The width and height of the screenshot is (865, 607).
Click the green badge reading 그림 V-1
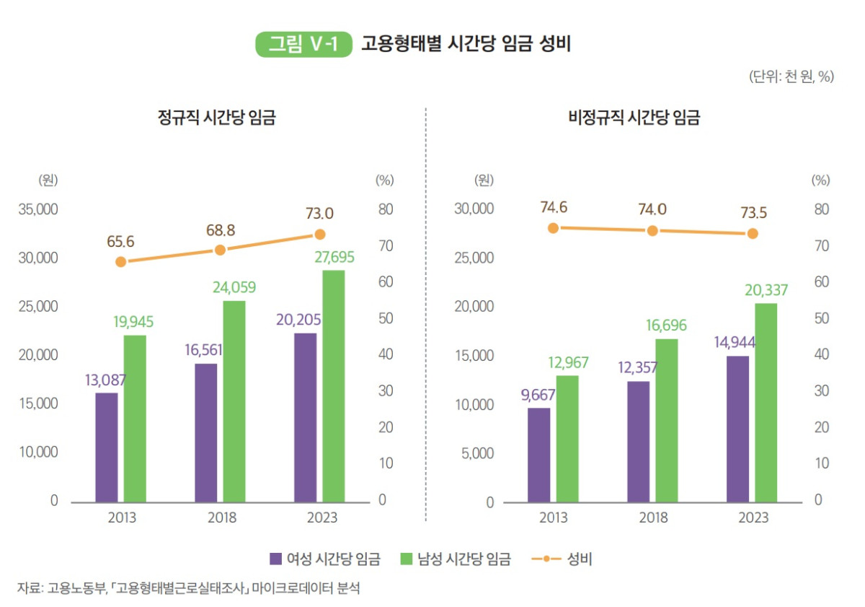coord(303,44)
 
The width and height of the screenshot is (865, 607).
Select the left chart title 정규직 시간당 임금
coord(217,117)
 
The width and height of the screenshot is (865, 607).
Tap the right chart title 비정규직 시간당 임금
coord(634,117)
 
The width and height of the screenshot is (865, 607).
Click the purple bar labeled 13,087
coord(106,447)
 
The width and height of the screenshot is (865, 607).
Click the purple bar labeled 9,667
coord(538,455)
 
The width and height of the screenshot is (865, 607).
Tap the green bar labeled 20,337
coord(766,402)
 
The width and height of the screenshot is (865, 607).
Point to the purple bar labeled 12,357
coord(638,441)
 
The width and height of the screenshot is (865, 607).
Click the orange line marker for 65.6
coord(121,262)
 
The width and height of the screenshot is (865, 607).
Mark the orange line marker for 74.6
coord(553,228)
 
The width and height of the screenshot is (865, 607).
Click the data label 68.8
coord(221,230)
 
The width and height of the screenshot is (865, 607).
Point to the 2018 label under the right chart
coord(652,518)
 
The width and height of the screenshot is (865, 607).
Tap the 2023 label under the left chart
coord(321,518)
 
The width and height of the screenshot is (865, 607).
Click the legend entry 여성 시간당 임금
coord(325,559)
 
